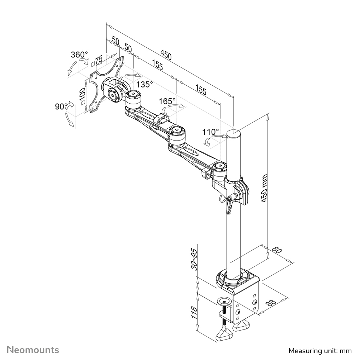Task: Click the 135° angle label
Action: [x=145, y=84]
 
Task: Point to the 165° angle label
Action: [x=167, y=101]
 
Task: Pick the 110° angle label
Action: [x=210, y=132]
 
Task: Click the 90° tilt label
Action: [x=61, y=106]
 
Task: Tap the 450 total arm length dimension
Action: [x=166, y=55]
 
